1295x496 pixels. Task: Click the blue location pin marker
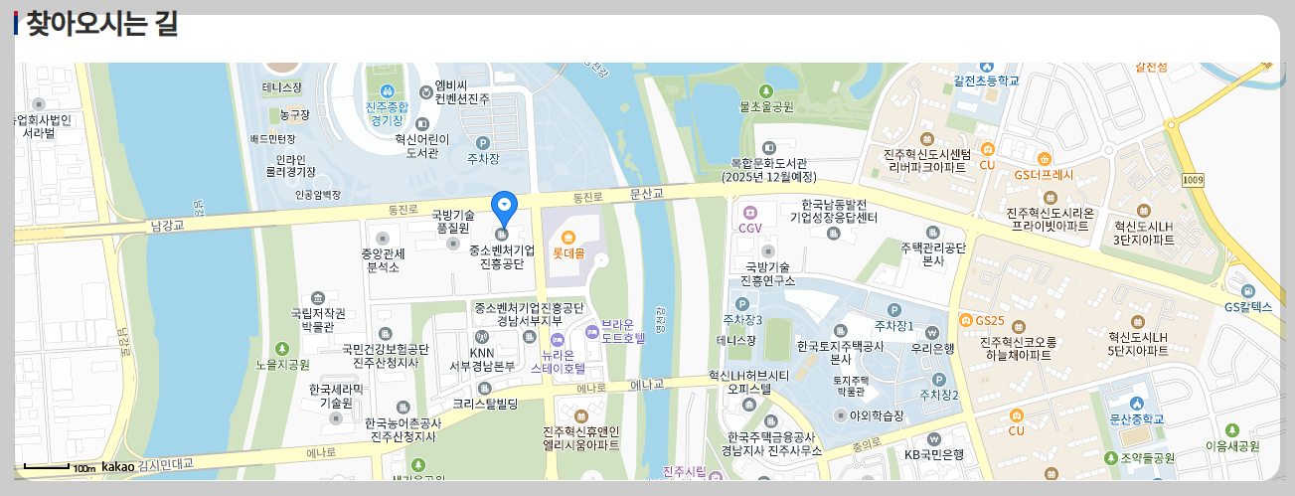[x=505, y=207]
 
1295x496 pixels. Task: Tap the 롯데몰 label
[x=568, y=252]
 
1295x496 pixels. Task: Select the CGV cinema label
[x=749, y=228]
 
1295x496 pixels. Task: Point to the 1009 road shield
[x=1194, y=179]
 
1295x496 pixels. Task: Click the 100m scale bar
[x=60, y=466]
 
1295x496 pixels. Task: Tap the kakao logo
[x=117, y=466]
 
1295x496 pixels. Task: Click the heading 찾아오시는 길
[x=100, y=24]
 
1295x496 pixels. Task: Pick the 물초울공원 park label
[x=766, y=106]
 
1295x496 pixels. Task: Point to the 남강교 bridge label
[x=168, y=226]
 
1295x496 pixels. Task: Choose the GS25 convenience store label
[x=990, y=320]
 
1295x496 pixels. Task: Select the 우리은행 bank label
[x=932, y=348]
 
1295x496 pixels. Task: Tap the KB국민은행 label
[x=933, y=454]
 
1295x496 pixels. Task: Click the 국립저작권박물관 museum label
[x=317, y=319]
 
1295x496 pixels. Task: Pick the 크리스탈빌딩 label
[x=485, y=404]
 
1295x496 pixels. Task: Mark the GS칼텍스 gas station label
[x=1248, y=307]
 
